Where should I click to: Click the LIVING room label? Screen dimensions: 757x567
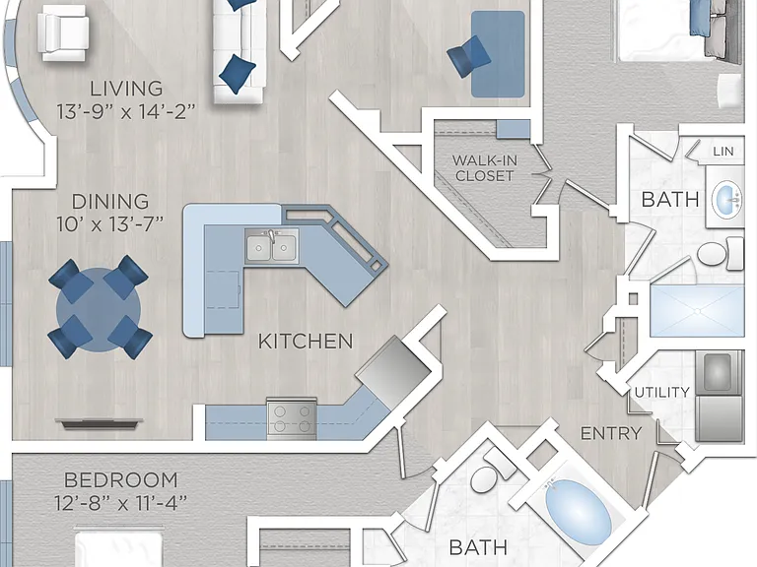[126, 89]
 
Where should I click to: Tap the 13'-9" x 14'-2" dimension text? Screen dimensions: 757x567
[126, 112]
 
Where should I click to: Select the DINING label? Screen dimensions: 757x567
[110, 202]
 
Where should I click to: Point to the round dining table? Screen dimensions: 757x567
[99, 309]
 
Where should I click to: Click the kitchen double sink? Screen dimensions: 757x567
[271, 246]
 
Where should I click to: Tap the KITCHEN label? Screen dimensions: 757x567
[306, 342]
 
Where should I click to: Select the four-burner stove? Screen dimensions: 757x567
[292, 418]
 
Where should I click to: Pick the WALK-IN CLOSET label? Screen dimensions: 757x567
[485, 167]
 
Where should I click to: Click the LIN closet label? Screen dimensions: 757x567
[723, 152]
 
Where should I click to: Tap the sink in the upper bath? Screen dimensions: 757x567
[726, 198]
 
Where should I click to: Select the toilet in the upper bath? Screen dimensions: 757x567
[720, 254]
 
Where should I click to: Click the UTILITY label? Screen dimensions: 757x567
[661, 393]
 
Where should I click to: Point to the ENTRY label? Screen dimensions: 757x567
[611, 433]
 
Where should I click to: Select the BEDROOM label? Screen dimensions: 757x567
[121, 480]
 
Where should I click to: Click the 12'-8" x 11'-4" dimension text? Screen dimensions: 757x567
[120, 503]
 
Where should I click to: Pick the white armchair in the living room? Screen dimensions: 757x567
[64, 32]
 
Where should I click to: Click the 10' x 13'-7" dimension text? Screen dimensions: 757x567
[110, 224]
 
